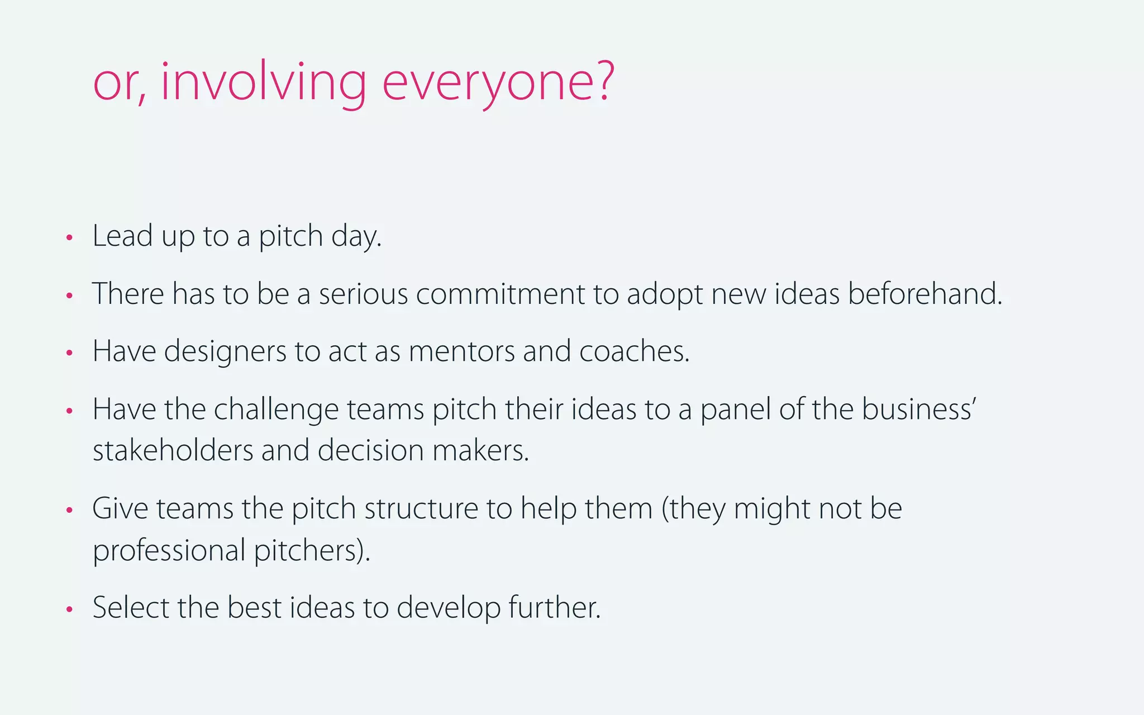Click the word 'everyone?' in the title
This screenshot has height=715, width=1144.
click(498, 84)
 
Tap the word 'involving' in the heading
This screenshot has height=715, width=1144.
click(263, 84)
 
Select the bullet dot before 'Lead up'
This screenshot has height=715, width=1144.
click(69, 238)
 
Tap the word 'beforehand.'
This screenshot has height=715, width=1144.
click(925, 294)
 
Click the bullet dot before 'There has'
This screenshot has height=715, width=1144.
click(69, 295)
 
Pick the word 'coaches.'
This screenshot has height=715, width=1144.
click(634, 352)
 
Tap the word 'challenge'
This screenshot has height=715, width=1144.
click(276, 410)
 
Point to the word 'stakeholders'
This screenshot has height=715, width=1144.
click(173, 451)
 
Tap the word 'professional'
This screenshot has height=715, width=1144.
click(169, 551)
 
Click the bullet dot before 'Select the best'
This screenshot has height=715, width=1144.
click(69, 609)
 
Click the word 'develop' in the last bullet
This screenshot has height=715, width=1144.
click(449, 609)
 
